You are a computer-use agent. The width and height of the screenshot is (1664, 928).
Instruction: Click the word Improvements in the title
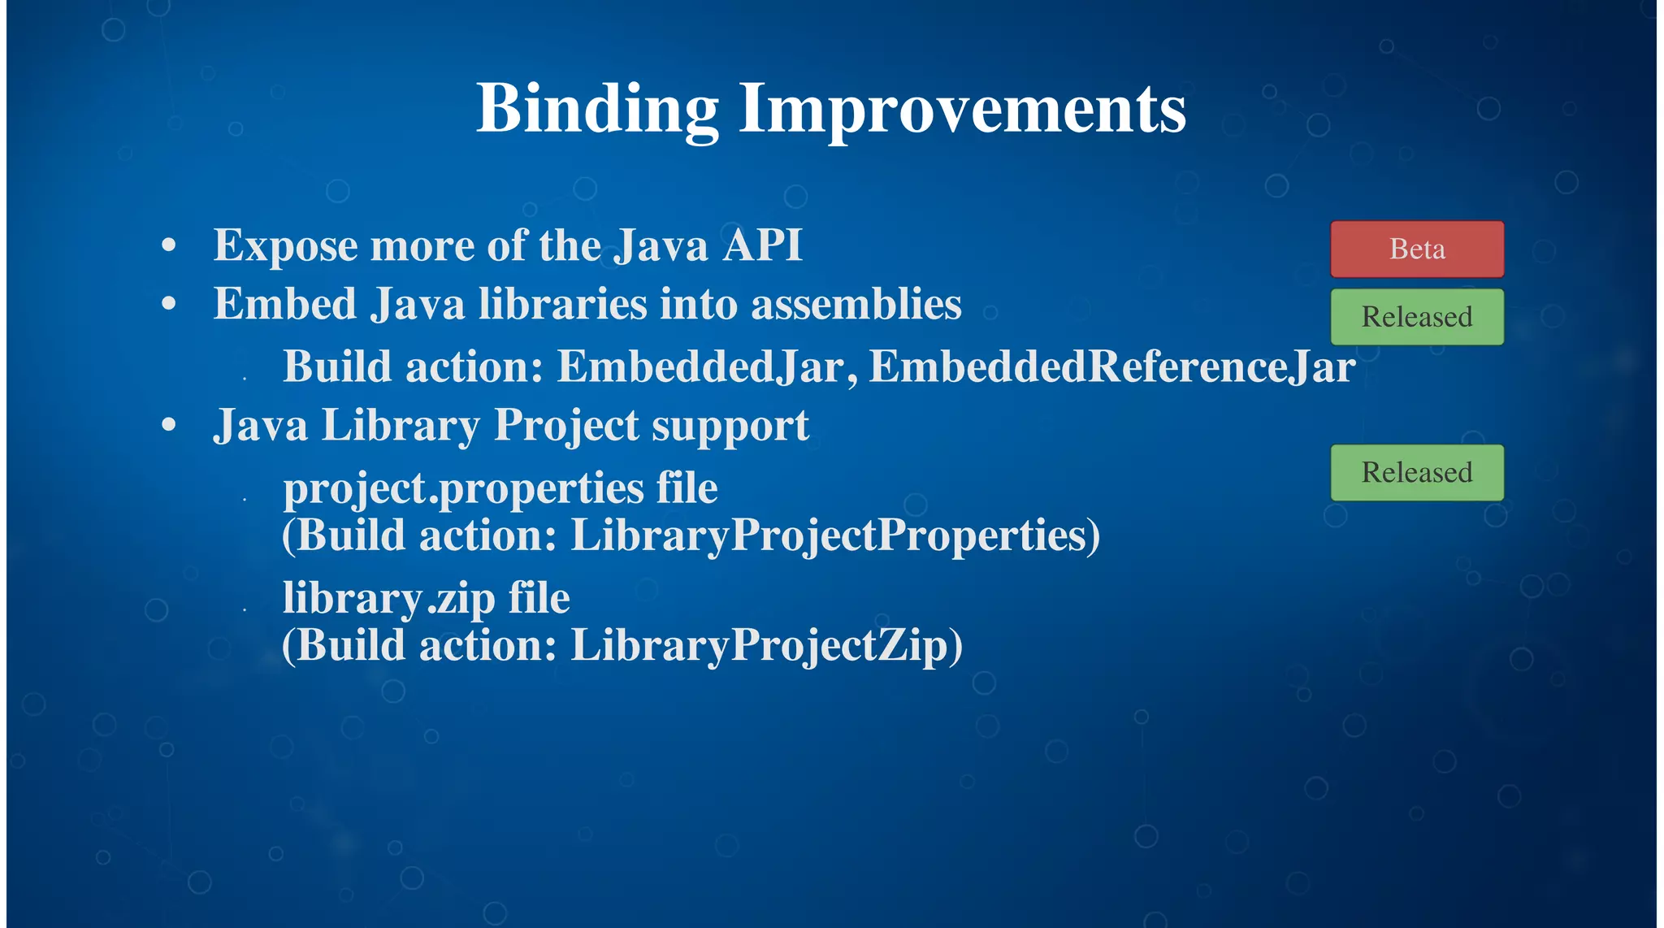[x=962, y=110]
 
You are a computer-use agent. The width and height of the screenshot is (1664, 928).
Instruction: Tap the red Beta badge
[x=1416, y=249]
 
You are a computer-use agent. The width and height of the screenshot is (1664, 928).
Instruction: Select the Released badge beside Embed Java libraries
[x=1416, y=317]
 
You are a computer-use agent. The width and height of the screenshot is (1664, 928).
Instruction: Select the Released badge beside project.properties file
[x=1416, y=472]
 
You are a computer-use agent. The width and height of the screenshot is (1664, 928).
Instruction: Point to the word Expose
[x=285, y=246]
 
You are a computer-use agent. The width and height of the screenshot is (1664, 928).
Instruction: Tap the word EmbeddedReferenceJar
[x=1111, y=366]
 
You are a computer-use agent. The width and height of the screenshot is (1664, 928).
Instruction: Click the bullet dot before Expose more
[x=169, y=245]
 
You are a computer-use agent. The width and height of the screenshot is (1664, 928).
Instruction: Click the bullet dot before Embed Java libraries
[x=169, y=304]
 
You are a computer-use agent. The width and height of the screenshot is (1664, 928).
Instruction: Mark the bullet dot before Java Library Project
[x=169, y=425]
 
